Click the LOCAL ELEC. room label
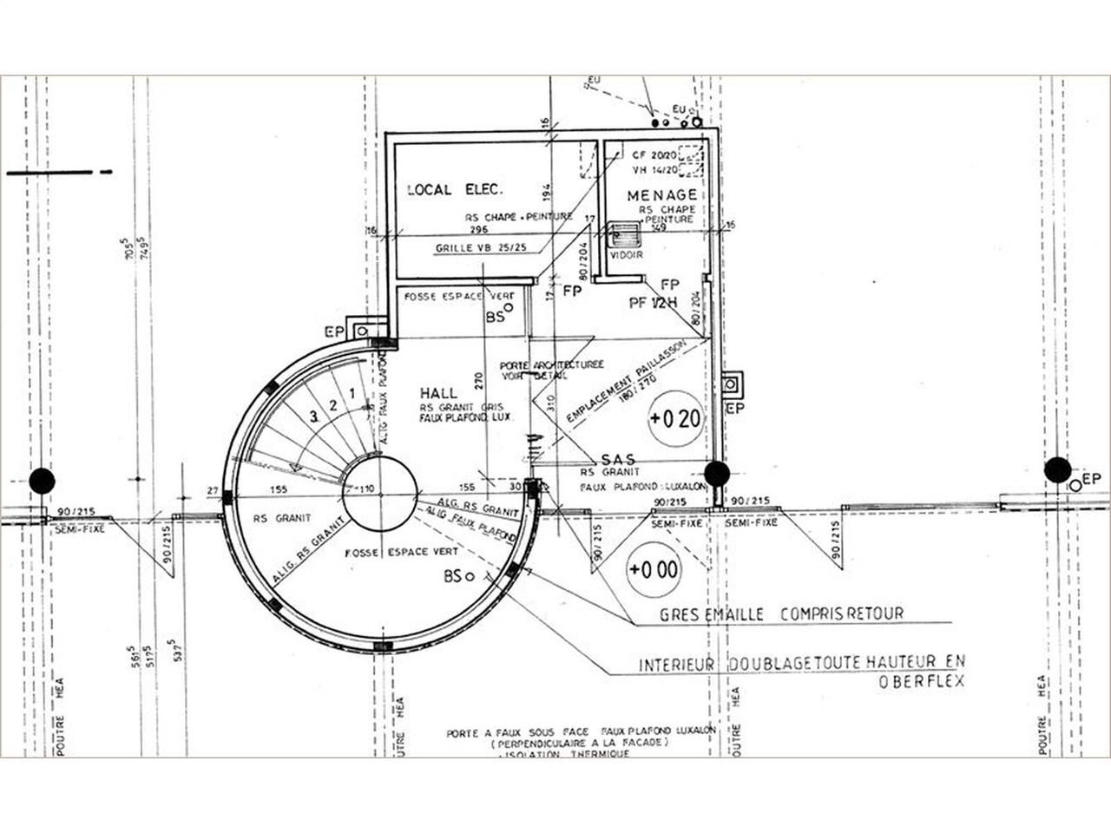click(x=456, y=189)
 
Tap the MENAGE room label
click(x=662, y=195)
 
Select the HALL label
click(x=438, y=393)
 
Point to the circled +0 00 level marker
click(x=654, y=570)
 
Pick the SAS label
click(x=618, y=459)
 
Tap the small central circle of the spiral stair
click(x=380, y=490)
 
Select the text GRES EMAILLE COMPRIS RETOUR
click(x=781, y=614)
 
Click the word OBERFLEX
click(x=921, y=682)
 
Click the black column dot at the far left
click(x=42, y=481)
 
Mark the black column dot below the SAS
click(x=716, y=474)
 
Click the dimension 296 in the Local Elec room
click(x=478, y=230)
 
